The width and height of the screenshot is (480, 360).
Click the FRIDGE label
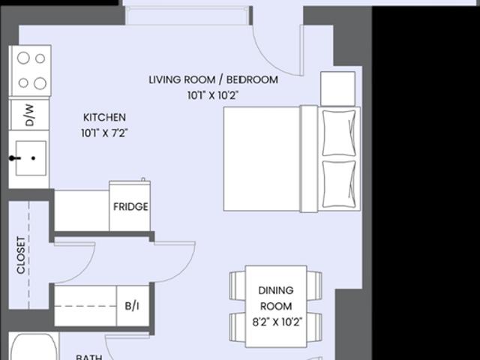(130, 207)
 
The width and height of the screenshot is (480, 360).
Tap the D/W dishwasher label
(29, 115)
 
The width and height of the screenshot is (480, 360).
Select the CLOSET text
(20, 255)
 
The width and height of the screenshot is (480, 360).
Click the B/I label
(132, 305)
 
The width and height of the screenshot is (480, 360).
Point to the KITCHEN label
(104, 117)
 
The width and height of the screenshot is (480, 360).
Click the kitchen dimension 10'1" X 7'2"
(104, 133)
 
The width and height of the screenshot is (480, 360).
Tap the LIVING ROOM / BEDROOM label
(213, 79)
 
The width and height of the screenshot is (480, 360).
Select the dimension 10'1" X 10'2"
(213, 95)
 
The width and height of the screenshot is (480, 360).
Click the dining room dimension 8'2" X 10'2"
(277, 322)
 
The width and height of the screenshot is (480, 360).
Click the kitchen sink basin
(31, 158)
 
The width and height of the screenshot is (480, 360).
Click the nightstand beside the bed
(337, 88)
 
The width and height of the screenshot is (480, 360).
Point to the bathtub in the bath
(34, 346)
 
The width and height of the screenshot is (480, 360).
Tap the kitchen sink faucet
(14, 158)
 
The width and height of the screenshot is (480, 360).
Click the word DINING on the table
(276, 290)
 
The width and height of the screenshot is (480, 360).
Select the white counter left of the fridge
(82, 211)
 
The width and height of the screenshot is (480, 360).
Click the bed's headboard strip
(308, 158)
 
